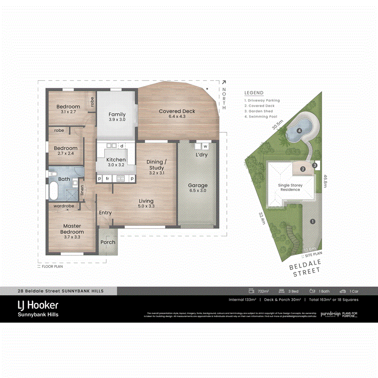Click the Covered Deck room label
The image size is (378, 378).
[177, 111]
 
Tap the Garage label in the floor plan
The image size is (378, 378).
[197, 185]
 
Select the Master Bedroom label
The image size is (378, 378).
[72, 229]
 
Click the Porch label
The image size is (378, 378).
[108, 242]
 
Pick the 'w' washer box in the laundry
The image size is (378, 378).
[205, 147]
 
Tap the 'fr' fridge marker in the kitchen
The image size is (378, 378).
[108, 178]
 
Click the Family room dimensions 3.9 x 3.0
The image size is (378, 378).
[117, 120]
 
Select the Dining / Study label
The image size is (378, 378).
[157, 165]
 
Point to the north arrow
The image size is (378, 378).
[224, 83]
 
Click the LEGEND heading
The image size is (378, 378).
[254, 93]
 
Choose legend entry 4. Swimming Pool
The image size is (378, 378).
[262, 117]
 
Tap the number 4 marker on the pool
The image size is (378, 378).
[299, 131]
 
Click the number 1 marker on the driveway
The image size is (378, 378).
[312, 221]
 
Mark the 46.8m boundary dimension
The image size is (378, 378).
[325, 182]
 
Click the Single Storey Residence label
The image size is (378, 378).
[290, 187]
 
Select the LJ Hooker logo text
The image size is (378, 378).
[37, 305]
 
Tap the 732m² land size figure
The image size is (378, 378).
[263, 291]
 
